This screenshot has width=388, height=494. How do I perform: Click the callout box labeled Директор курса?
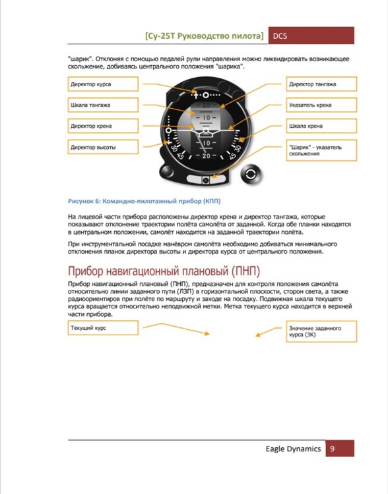pos(103,84)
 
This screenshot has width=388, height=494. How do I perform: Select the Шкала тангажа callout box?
pos(103,105)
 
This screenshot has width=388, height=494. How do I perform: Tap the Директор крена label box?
pos(103,126)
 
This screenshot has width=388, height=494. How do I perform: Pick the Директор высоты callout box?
pos(103,147)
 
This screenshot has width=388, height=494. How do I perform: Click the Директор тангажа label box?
pos(321,84)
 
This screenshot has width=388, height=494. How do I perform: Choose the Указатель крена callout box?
pos(321,105)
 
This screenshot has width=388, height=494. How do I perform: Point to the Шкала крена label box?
pos(321,126)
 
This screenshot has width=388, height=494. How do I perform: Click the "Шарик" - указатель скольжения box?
pos(321,151)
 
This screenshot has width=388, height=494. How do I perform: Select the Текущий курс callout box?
pos(103,328)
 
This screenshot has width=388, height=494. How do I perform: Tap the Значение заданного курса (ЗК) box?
pos(321,331)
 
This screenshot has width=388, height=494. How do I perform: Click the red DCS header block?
pos(311,36)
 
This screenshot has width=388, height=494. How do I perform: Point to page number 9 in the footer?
pos(332,449)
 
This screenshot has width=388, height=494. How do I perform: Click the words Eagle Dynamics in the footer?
pos(293,449)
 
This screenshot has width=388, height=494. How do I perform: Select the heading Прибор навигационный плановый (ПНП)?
pos(164,271)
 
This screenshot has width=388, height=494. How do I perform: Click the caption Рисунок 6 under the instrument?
pos(145,201)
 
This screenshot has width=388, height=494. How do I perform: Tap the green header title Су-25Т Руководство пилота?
pos(205,36)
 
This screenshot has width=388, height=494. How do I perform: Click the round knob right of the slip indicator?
pos(251,175)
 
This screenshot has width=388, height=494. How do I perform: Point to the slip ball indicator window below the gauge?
pos(206,179)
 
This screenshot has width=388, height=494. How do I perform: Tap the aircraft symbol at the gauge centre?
pos(206,132)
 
